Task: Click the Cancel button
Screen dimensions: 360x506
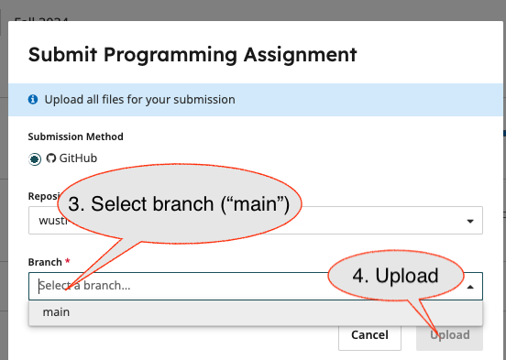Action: point(369,335)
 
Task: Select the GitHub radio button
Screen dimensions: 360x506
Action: point(35,158)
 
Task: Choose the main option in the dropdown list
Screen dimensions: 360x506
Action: point(56,312)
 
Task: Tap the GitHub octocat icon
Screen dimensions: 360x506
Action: point(51,158)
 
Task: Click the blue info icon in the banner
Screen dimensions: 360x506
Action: point(33,99)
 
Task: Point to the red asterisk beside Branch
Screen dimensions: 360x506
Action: point(67,262)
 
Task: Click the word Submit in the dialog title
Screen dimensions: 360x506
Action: point(65,54)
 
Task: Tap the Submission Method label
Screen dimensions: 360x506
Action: point(76,136)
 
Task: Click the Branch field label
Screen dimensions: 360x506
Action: point(44,262)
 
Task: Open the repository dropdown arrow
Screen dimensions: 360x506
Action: point(470,221)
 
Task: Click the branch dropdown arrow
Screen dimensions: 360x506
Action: point(470,286)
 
